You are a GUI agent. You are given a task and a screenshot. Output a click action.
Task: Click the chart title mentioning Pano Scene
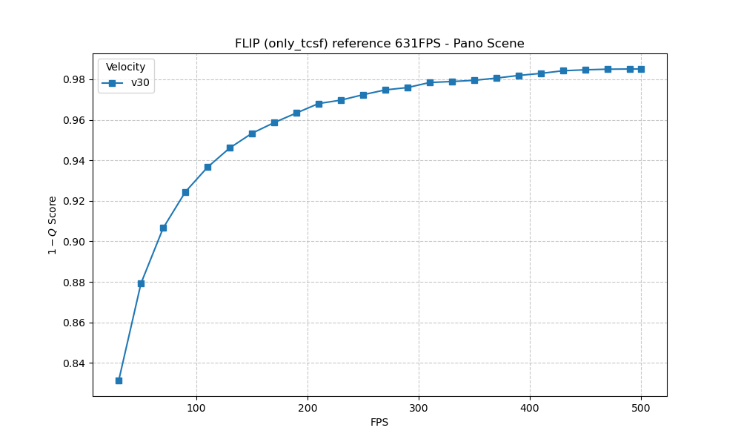pos(379,44)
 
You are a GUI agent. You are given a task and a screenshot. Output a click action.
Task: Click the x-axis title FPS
pos(379,423)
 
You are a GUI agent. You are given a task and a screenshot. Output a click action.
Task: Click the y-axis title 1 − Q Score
pos(53,225)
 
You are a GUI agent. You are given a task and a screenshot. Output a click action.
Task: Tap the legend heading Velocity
pos(126,67)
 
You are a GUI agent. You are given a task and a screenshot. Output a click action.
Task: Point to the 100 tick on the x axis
pos(196,407)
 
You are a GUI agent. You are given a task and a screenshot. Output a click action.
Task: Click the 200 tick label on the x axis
pos(308,407)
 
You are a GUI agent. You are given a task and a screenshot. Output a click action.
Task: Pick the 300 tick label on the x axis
pos(419,407)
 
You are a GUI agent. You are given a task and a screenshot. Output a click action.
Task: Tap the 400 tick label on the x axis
pos(530,407)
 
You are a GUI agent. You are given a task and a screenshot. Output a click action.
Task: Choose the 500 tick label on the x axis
pos(641,407)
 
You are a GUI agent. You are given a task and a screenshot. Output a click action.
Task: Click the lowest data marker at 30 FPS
pos(119,380)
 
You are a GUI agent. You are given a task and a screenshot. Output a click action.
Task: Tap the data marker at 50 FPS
pos(141,283)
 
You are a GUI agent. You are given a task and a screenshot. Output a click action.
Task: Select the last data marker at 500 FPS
pos(641,69)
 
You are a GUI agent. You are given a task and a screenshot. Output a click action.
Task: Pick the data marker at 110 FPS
pos(207,167)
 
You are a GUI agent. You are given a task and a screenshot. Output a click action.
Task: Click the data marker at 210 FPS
pos(319,104)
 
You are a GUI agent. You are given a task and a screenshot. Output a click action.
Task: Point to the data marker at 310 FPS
pos(430,82)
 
